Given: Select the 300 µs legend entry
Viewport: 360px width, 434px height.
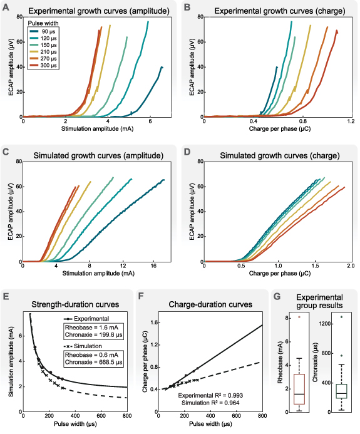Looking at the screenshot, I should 44,65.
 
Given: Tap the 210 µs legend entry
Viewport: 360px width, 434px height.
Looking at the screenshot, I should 44,51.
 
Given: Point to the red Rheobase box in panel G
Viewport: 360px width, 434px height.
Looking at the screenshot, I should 299,393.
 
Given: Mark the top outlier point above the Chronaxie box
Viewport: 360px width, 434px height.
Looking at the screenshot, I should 341,317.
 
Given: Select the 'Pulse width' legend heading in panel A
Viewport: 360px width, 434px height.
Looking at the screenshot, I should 44,23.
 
